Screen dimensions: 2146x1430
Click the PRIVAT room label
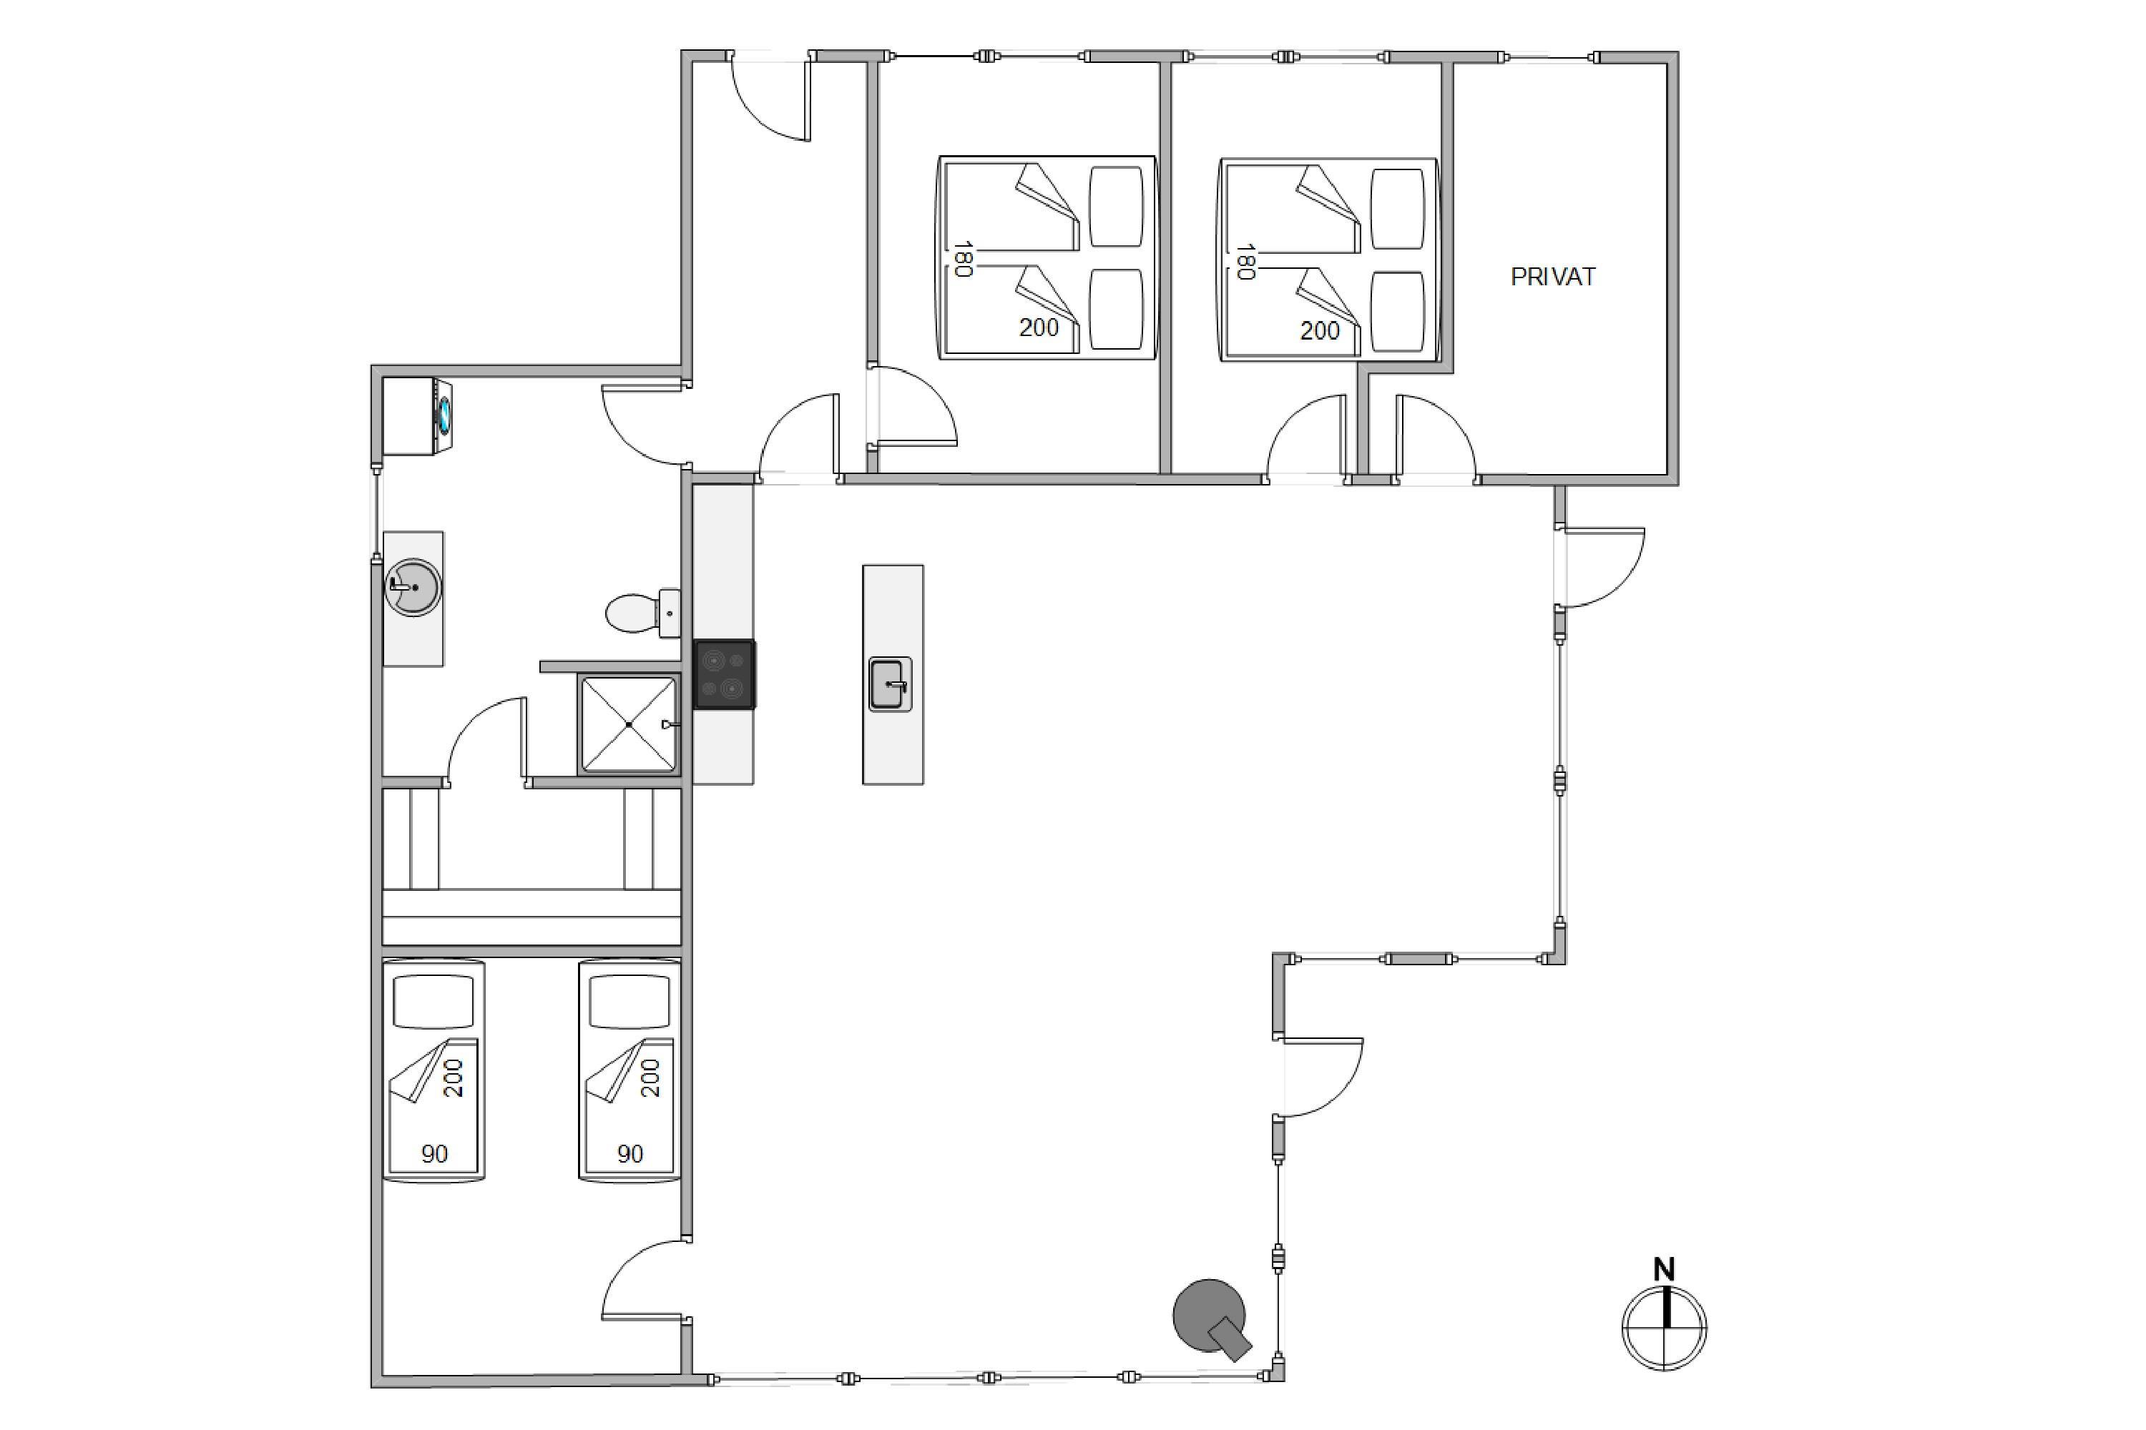pyautogui.click(x=1553, y=276)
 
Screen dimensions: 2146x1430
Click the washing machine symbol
pyautogui.click(x=417, y=416)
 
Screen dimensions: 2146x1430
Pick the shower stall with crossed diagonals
pyautogui.click(x=629, y=724)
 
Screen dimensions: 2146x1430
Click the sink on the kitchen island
pyautogui.click(x=891, y=684)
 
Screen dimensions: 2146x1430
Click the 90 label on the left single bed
pyautogui.click(x=434, y=1154)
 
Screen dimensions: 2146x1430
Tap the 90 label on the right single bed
pyautogui.click(x=630, y=1154)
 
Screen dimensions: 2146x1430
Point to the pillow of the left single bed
pyautogui.click(x=433, y=1002)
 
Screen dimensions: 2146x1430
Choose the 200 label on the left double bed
pyautogui.click(x=1039, y=327)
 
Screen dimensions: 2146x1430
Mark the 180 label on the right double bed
pyautogui.click(x=1245, y=262)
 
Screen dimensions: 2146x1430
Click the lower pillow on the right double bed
pyautogui.click(x=1398, y=311)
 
